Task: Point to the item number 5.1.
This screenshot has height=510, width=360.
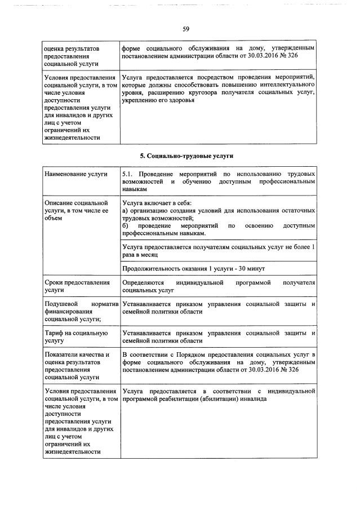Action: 127,175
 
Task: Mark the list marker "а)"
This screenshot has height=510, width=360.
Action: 125,210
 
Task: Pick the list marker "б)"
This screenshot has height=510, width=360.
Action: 125,225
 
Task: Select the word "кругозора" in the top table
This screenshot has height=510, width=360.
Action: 210,92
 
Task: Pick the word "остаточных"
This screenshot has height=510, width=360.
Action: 296,210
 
